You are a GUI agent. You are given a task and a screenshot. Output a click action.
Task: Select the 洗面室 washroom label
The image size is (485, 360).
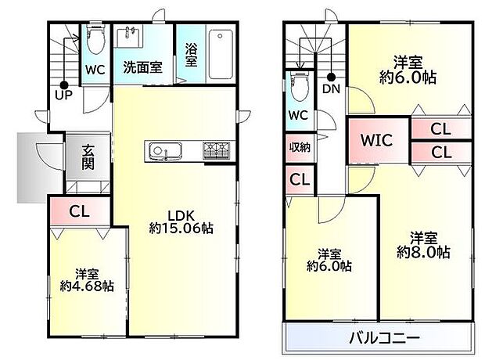tap(142, 67)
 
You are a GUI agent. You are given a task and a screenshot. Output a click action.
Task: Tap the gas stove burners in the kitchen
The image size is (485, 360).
tap(217, 149)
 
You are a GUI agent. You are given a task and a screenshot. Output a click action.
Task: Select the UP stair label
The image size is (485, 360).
tap(63, 95)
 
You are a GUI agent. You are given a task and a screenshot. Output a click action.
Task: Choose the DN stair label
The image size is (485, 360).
tap(331, 89)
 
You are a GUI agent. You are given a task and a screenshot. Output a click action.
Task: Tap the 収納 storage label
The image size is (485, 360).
tap(300, 147)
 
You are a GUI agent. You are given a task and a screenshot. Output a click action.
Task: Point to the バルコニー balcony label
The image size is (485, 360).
tap(384, 338)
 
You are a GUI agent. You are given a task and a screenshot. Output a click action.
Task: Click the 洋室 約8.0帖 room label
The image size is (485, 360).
tap(422, 244)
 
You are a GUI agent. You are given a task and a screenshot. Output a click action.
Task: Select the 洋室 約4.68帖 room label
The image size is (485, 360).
tap(87, 279)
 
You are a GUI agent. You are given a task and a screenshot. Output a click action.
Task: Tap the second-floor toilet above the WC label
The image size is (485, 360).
tap(296, 86)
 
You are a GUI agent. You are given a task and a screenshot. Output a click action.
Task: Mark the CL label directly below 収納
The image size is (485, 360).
tap(300, 179)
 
